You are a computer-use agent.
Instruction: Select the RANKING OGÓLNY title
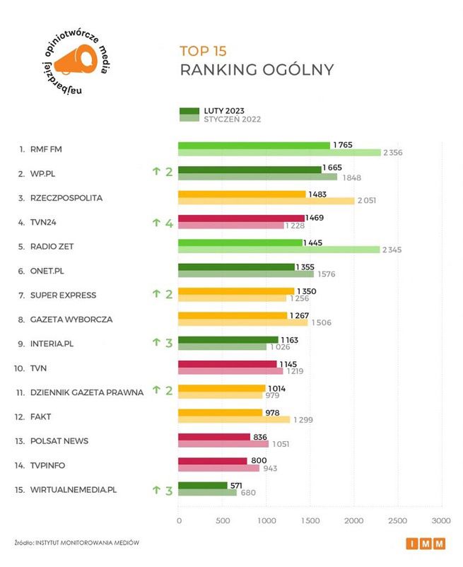(x=257, y=70)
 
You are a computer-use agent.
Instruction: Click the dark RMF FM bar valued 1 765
(x=254, y=145)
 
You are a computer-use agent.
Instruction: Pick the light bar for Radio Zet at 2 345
(x=279, y=250)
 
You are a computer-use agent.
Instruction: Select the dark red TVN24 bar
(x=241, y=218)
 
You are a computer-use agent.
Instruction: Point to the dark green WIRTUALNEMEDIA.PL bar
(x=202, y=485)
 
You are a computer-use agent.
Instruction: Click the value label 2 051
(x=366, y=201)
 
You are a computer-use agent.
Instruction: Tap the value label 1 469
(x=315, y=218)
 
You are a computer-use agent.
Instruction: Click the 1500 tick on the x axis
(x=310, y=520)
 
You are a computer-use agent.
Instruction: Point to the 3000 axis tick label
(x=441, y=520)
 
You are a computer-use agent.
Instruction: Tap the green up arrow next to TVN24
(x=156, y=223)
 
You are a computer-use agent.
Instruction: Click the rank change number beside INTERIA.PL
(x=169, y=343)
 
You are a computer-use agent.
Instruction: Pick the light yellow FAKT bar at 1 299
(x=233, y=419)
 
